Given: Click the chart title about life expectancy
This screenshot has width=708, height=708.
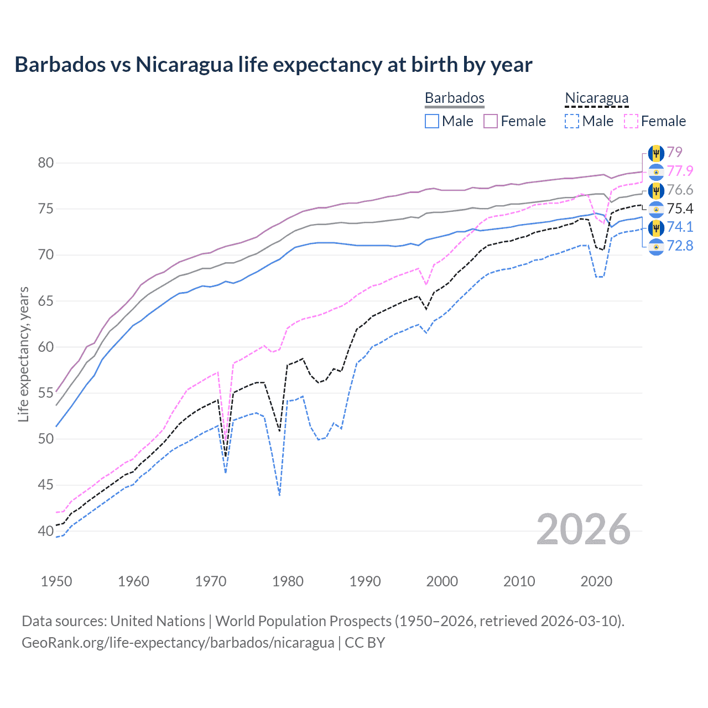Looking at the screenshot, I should (273, 65).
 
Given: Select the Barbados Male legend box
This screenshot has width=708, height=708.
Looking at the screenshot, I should (432, 121).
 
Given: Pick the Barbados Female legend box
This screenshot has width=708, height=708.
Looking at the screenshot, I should (491, 121).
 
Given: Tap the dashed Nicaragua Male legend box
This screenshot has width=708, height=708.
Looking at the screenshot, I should (572, 121).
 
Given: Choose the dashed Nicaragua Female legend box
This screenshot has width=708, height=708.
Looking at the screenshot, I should (631, 121).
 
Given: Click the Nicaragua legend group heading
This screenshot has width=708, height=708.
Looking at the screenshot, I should (596, 98).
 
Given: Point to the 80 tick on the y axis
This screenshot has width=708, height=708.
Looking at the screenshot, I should (46, 163).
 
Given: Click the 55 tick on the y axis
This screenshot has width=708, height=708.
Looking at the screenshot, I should (46, 393).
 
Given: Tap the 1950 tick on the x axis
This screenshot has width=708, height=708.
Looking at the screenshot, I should (56, 581).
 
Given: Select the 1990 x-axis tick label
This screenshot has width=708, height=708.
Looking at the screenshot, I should (365, 581).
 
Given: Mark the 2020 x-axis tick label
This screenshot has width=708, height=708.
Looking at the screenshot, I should (596, 581).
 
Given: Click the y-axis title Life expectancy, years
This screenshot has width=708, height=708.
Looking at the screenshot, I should (23, 354).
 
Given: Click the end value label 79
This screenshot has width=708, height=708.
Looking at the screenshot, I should (674, 152).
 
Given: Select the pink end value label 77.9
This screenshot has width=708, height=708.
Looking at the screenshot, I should (680, 171).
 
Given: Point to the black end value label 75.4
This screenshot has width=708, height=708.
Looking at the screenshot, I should (680, 209).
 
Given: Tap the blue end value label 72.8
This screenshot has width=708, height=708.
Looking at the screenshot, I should (680, 246).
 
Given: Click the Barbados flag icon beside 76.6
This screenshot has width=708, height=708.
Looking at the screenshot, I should (656, 191).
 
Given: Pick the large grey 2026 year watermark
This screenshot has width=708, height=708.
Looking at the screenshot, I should (584, 529).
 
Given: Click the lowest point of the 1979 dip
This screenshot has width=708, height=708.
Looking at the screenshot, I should (280, 495).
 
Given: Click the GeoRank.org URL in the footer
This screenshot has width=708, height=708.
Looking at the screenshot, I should (178, 643).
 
